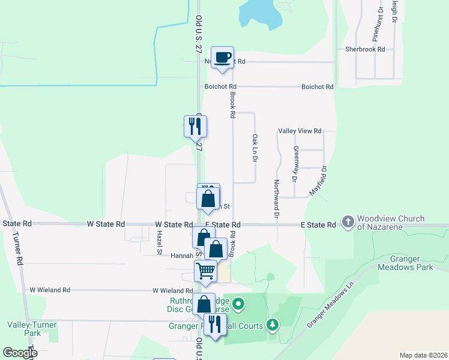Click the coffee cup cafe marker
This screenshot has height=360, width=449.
coord(222,58)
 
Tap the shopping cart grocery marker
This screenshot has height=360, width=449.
coord(205,272)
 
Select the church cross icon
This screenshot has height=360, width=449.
coord(348,222)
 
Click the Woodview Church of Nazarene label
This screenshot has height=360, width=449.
coord(390,223)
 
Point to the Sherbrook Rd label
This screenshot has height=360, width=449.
coord(364,49)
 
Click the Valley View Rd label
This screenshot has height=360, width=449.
coord(300,131)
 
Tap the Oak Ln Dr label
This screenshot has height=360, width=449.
coord(255,147)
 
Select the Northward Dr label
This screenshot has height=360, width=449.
coord(277,199)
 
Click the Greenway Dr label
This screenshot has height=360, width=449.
coord(295,164)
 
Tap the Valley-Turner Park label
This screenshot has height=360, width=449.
coord(32,329)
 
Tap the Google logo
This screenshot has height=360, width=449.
coord(20,353)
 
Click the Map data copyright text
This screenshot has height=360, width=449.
coord(423,355)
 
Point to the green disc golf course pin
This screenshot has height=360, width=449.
coord(238,304)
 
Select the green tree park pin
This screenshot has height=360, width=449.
coord(273,325)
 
